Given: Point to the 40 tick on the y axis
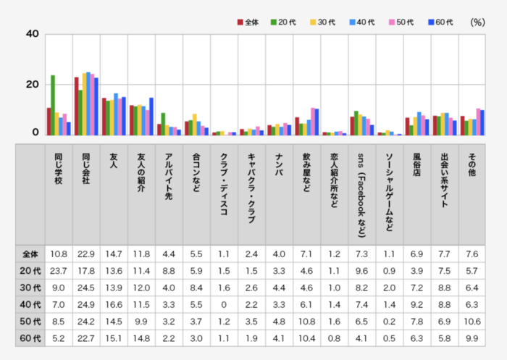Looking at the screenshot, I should coord(31,34).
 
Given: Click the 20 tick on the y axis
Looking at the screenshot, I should coord(31,85).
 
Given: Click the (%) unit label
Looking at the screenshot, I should coord(477,22).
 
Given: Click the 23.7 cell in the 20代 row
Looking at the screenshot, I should coord(59,271).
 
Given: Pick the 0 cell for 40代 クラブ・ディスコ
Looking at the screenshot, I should coord(224,304).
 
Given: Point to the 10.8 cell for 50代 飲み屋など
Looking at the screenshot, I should coord(306,321).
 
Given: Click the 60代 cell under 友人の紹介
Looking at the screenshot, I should coord(141,338).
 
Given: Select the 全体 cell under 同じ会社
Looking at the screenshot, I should coord(86,254).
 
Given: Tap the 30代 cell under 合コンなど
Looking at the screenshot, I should coord(196,288).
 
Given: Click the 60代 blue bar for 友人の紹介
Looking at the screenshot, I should coord(151,117).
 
